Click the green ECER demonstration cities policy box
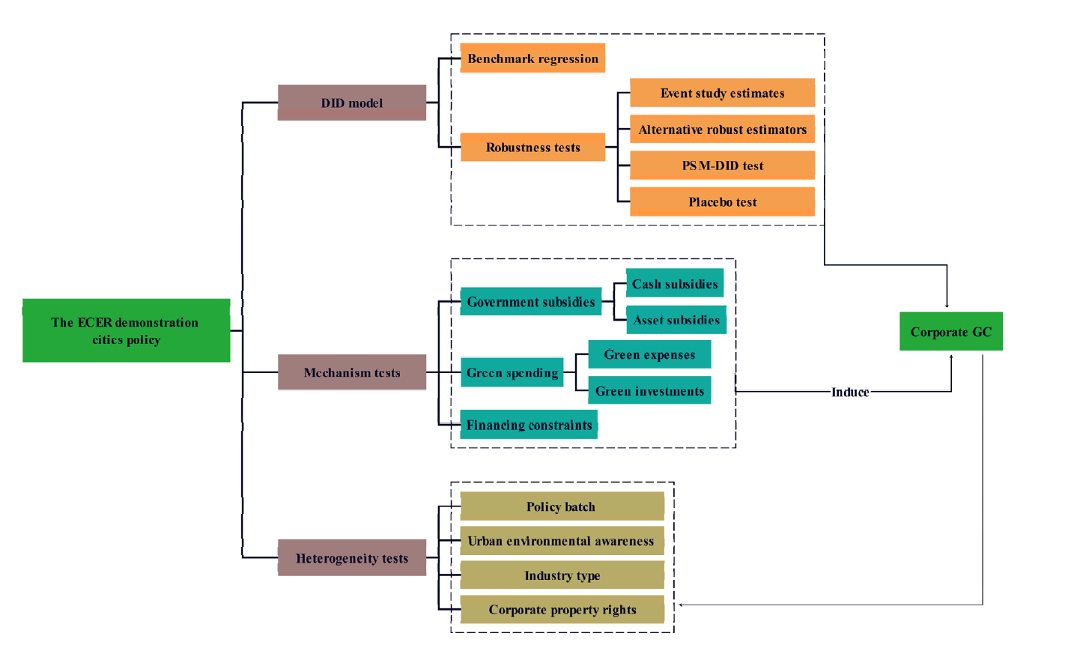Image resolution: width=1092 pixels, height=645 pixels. pos(126,330)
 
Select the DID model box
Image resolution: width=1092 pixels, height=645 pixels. pos(351,103)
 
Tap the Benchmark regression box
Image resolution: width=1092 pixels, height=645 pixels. pos(533,58)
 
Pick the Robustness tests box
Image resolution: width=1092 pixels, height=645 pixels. pos(533,148)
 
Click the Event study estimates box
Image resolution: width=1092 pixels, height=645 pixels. pos(722,93)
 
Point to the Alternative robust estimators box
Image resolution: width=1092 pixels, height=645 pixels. pos(722,130)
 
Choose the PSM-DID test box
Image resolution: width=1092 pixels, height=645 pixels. pos(722,166)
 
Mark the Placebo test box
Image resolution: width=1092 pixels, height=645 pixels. pos(722,202)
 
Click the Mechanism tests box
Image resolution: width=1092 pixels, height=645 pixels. pos(351,372)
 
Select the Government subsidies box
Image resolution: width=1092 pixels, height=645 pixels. pos(530,302)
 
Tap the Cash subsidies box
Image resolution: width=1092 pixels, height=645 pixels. pos(674,284)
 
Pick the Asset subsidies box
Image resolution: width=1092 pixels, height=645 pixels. pos(676,320)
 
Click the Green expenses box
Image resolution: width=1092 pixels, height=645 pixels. pos(649,354)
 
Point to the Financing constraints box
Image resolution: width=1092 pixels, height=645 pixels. pos(529,425)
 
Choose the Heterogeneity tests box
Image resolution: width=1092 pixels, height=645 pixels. pos(351,558)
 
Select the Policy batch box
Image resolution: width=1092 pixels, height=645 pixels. pos(561,506)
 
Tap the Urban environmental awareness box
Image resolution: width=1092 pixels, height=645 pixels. pos(561,541)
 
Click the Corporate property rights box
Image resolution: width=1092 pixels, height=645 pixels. pos(562,610)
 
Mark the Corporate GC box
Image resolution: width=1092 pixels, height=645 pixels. pos(950,332)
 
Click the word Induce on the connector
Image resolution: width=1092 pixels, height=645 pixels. pos(850,392)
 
